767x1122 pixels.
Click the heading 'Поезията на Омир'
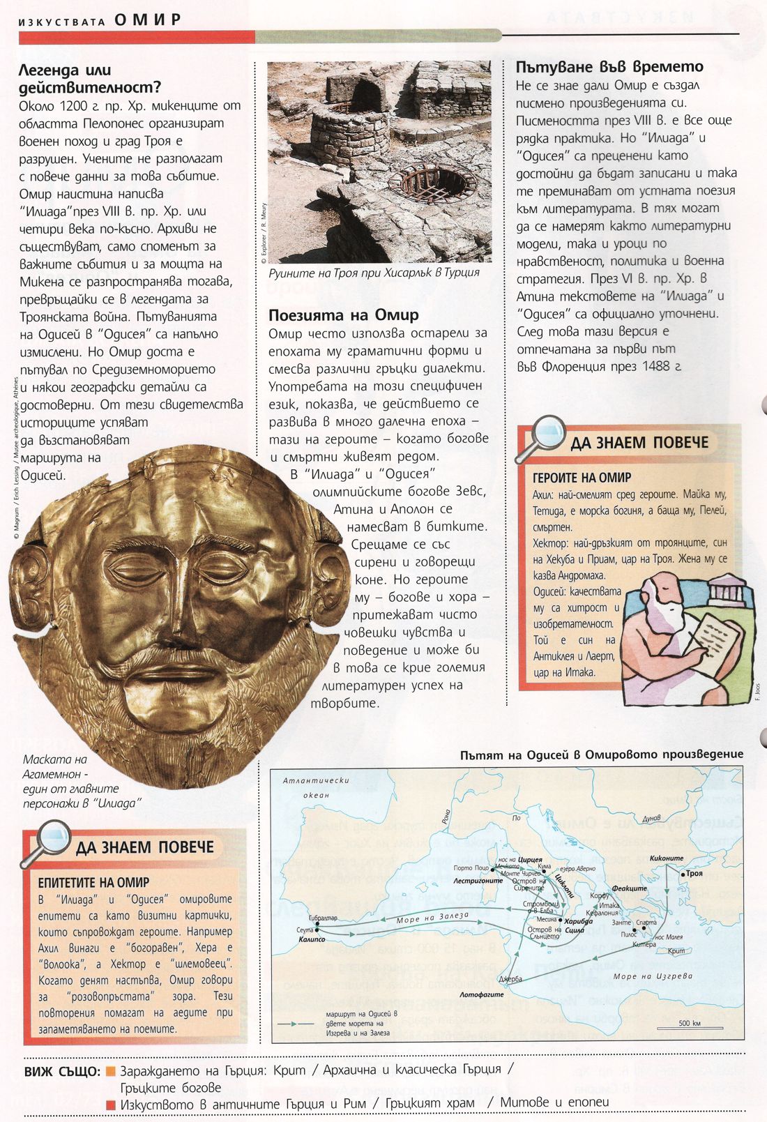(x=344, y=315)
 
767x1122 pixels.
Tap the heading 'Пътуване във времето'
(x=609, y=67)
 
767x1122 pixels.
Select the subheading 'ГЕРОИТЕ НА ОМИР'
(x=582, y=478)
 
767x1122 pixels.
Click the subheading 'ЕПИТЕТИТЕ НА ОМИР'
(x=93, y=882)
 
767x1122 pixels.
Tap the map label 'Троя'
(x=694, y=873)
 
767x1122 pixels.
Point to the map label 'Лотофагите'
(x=481, y=995)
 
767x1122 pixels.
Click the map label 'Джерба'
(x=510, y=979)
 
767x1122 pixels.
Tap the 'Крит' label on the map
(x=676, y=951)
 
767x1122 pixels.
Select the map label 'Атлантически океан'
(x=316, y=787)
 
